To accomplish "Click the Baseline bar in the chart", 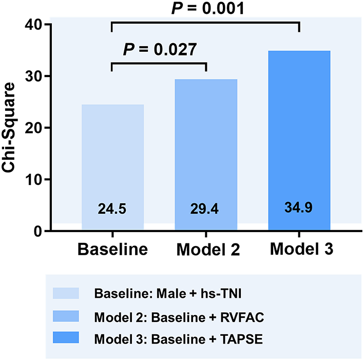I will (112, 164).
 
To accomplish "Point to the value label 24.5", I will (112, 209).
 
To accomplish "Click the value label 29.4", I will (205, 209).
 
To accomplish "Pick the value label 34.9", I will (299, 208).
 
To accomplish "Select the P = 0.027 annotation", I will (159, 50).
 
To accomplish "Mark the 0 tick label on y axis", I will (39, 232).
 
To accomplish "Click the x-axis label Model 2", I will (207, 250).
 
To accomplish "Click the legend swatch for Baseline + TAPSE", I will (66, 337).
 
